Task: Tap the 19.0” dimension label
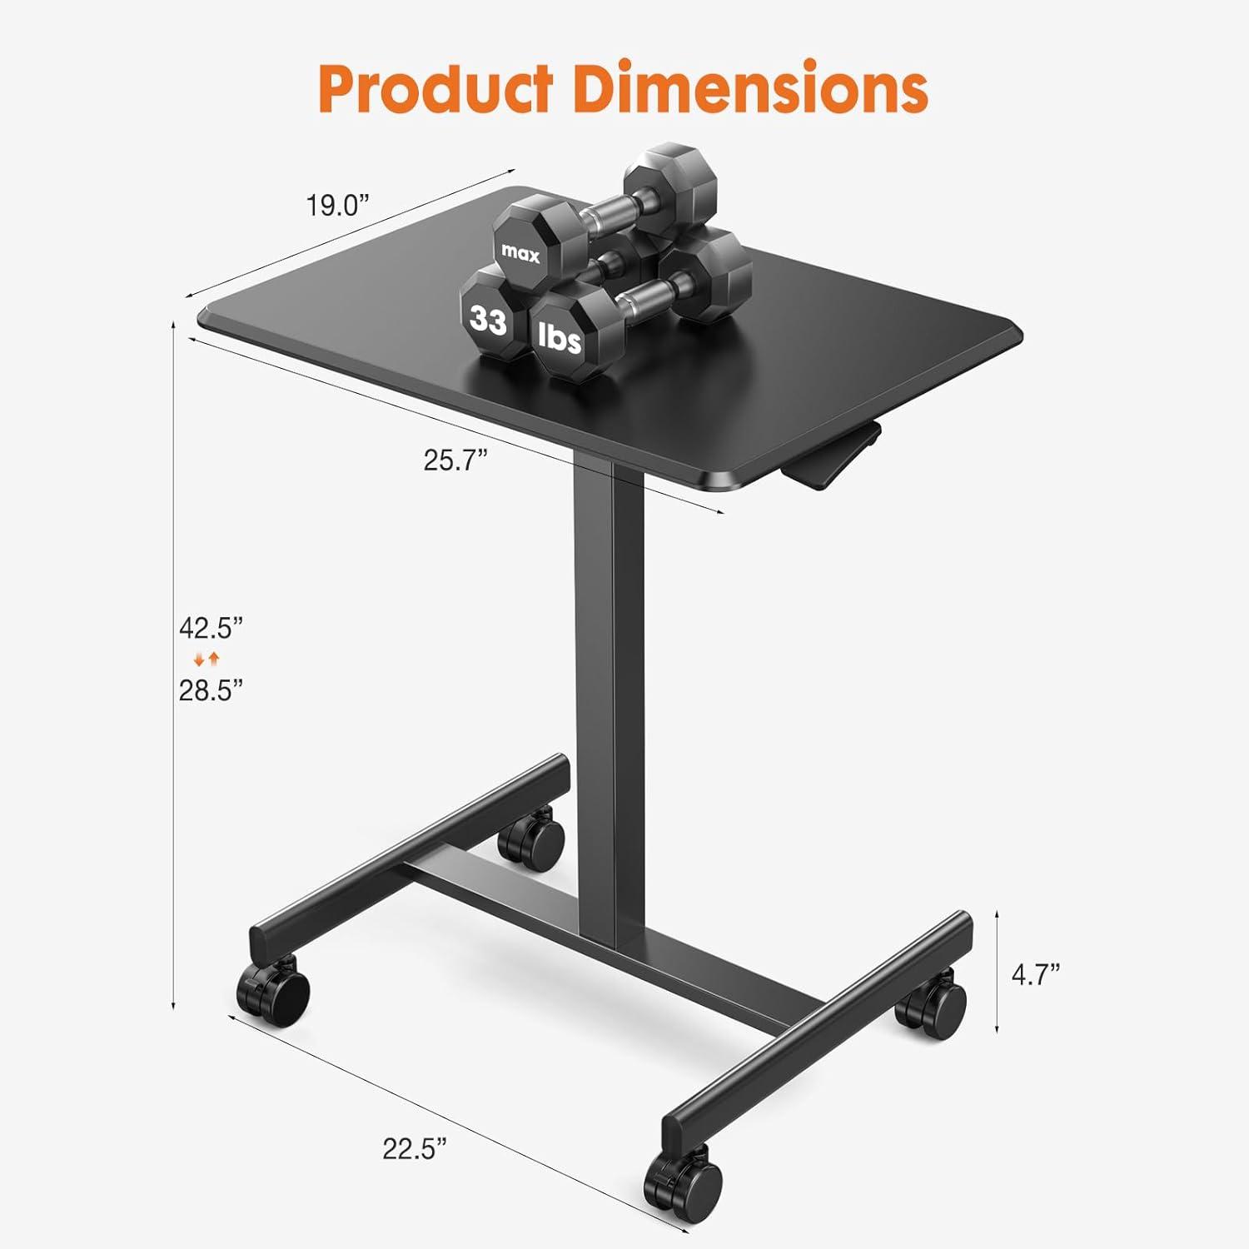click(336, 205)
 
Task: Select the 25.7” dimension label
click(455, 460)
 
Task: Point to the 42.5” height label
click(211, 627)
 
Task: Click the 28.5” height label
click(211, 690)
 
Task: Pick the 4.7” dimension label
click(1035, 973)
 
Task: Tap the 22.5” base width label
click(415, 1149)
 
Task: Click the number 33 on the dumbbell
click(488, 319)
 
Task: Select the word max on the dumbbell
click(520, 254)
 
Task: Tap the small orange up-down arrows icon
click(207, 659)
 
